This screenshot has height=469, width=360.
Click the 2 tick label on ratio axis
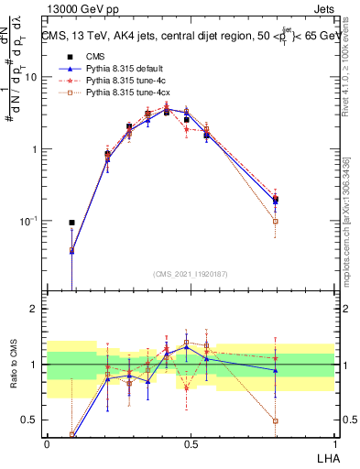pyautogui.click(x=33, y=309)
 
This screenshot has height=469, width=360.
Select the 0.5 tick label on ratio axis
pyautogui.click(x=29, y=420)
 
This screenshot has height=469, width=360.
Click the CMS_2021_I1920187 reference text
pyautogui.click(x=190, y=274)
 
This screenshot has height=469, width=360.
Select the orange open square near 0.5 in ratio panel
pyautogui.click(x=187, y=343)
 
